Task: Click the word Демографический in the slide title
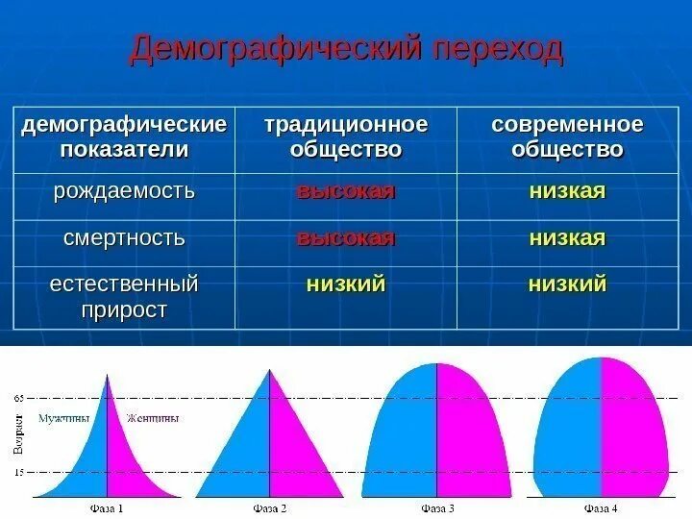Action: [x=265, y=51]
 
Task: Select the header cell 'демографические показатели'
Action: [x=124, y=138]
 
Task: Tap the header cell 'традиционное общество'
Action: [x=345, y=138]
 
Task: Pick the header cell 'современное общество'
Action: [x=567, y=138]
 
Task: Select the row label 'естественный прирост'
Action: [x=124, y=297]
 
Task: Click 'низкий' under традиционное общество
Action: [x=345, y=284]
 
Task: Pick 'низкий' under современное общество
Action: [x=567, y=284]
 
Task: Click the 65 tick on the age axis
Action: [x=20, y=397]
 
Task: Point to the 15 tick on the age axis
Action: [x=20, y=472]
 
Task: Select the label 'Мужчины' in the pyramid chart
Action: [x=64, y=419]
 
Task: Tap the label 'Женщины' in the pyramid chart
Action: [x=153, y=419]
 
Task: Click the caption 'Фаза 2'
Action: [x=270, y=508]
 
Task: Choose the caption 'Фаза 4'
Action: [x=602, y=508]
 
